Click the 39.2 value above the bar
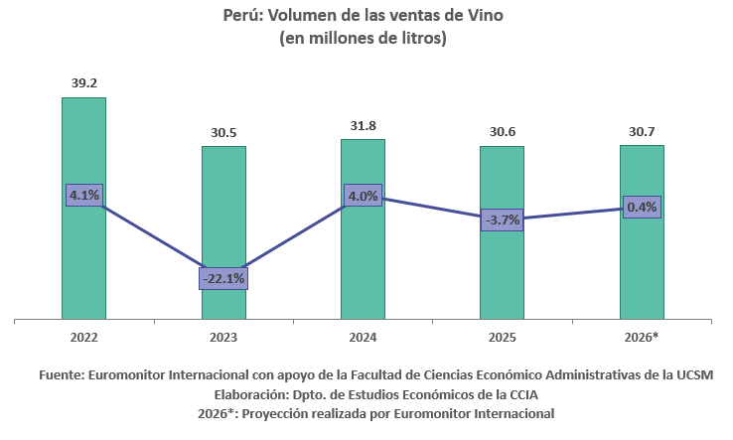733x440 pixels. pos(84,83)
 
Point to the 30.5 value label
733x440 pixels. pos(223,133)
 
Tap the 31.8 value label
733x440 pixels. pos(364,126)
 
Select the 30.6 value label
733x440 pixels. pos(503,132)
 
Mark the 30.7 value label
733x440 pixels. pos(642,132)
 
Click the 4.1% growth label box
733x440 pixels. pos(84,195)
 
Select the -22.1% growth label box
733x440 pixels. pos(223,279)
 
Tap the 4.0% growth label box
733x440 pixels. pos(364,196)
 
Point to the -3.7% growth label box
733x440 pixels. pos(503,220)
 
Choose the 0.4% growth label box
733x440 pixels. pos(642,207)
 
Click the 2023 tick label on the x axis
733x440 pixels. pos(223,337)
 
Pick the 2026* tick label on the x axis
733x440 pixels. pos(642,337)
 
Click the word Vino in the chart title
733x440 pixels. pos(486,16)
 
